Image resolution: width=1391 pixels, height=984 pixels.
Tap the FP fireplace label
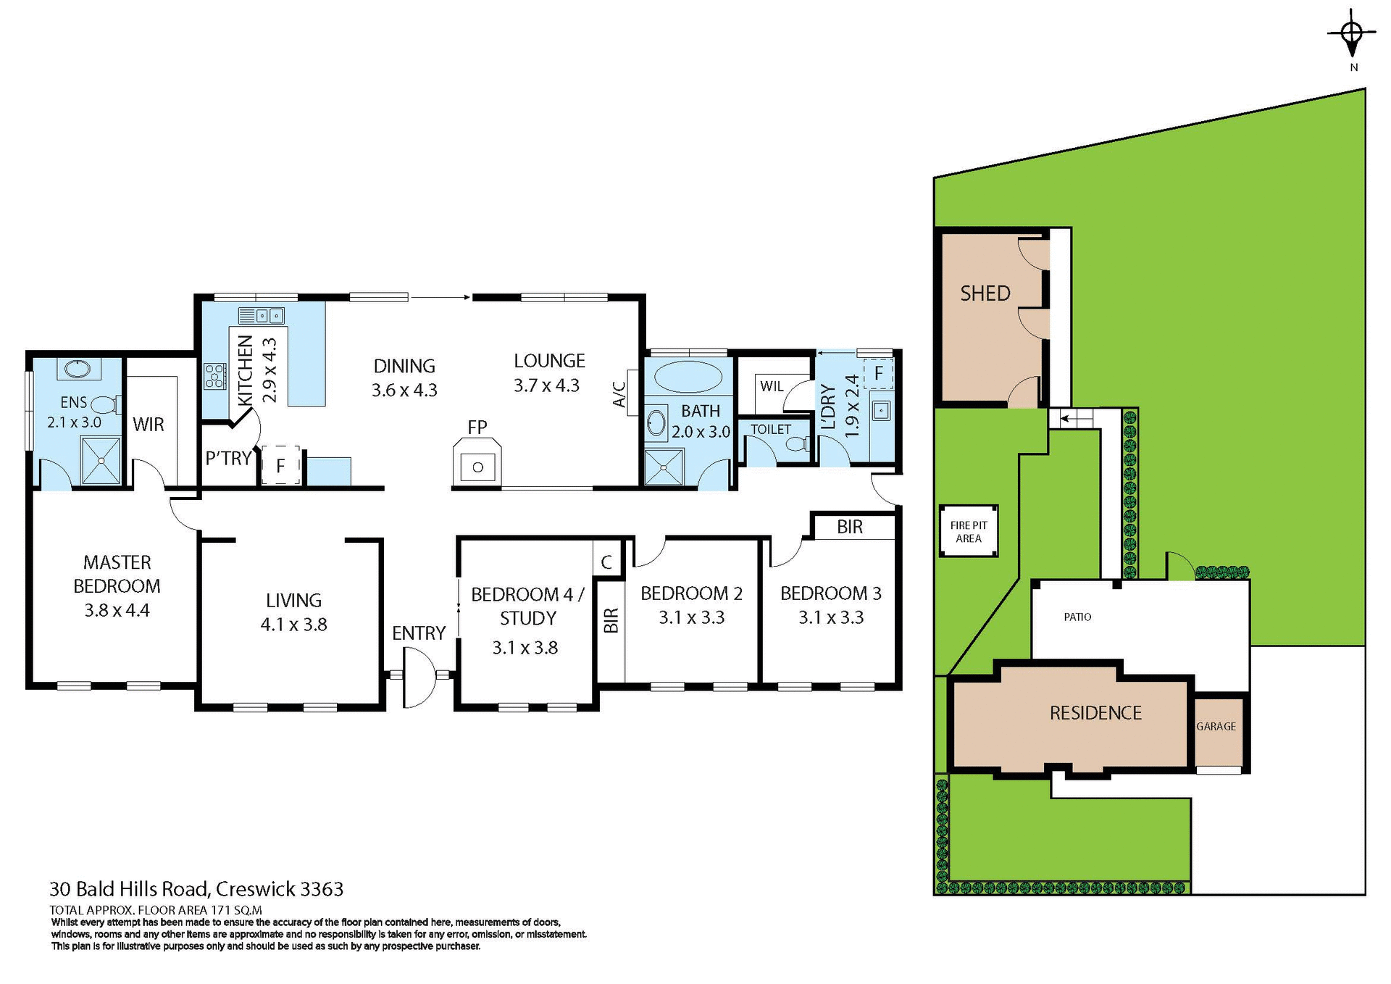point(477,428)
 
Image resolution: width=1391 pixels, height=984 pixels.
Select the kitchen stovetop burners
point(214,376)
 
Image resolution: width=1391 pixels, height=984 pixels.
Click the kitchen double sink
point(262,315)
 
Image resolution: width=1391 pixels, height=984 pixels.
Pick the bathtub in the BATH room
point(688,378)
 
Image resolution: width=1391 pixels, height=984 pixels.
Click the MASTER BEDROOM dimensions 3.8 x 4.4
point(117,610)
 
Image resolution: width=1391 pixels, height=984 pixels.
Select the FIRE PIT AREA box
point(969,531)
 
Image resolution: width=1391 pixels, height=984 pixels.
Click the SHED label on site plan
point(985,293)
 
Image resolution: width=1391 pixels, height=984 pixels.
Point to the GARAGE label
point(1216,726)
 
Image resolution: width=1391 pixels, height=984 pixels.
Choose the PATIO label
point(1077,617)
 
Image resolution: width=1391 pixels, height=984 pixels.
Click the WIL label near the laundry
point(771,386)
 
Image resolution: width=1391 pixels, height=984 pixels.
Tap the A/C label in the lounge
point(619,395)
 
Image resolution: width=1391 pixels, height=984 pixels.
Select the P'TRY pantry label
point(228,458)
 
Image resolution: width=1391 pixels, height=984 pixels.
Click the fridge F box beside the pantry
point(280,465)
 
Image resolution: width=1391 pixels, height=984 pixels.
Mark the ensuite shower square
point(101,461)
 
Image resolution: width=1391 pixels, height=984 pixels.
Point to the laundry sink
point(880,411)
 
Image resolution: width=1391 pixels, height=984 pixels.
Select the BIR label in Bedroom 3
point(849,527)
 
